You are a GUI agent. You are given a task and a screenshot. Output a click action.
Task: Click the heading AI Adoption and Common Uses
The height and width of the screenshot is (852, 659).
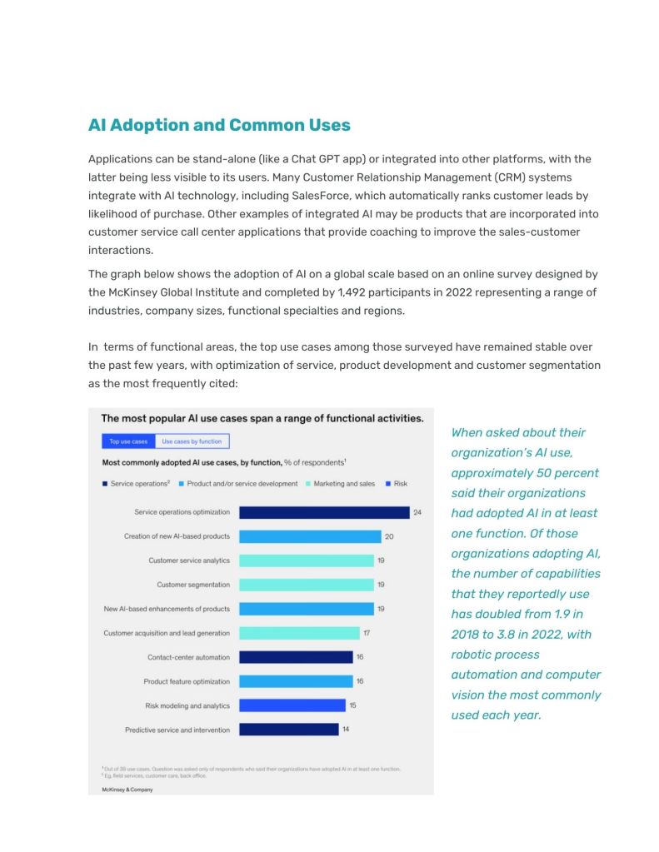tap(219, 126)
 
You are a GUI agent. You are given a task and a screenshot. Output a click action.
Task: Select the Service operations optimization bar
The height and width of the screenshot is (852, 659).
tap(323, 512)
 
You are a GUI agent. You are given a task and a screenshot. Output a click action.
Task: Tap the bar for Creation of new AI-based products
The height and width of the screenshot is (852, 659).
tap(309, 536)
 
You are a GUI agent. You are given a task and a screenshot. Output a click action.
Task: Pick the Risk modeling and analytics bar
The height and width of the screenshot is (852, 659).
tap(292, 705)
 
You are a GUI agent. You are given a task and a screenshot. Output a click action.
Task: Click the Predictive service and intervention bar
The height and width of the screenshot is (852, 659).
tap(288, 730)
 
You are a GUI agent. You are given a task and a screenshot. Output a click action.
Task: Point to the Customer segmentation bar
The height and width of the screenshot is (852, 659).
tap(306, 585)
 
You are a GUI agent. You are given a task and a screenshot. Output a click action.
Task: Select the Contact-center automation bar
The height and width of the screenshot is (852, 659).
tap(296, 657)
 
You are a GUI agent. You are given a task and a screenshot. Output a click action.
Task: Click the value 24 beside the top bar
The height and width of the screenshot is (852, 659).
tap(417, 512)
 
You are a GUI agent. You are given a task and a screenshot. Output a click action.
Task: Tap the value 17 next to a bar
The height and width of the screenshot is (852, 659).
tap(367, 633)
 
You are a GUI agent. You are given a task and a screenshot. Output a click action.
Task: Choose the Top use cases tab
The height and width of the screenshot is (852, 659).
tap(128, 441)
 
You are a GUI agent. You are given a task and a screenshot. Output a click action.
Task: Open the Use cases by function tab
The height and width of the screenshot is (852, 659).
tap(192, 441)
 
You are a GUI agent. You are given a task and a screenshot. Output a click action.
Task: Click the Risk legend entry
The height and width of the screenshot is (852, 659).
tap(396, 484)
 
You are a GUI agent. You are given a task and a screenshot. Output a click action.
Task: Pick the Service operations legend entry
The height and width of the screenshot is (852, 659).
tap(137, 484)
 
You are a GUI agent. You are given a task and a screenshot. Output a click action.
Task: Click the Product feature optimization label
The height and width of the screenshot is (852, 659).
tap(187, 681)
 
